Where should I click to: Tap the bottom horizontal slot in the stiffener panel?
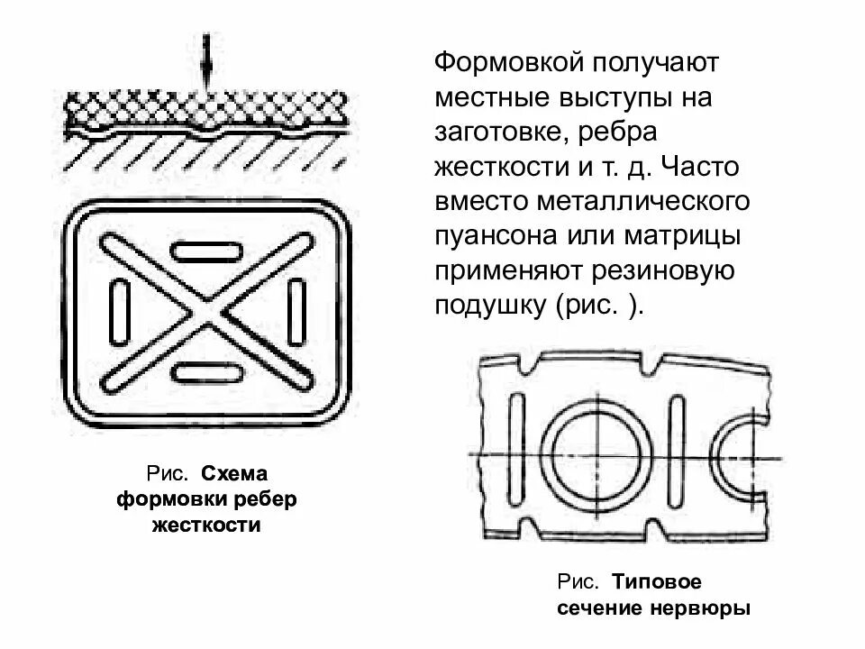tap(209, 370)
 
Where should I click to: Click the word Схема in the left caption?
tap(236, 474)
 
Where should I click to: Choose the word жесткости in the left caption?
tap(206, 525)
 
